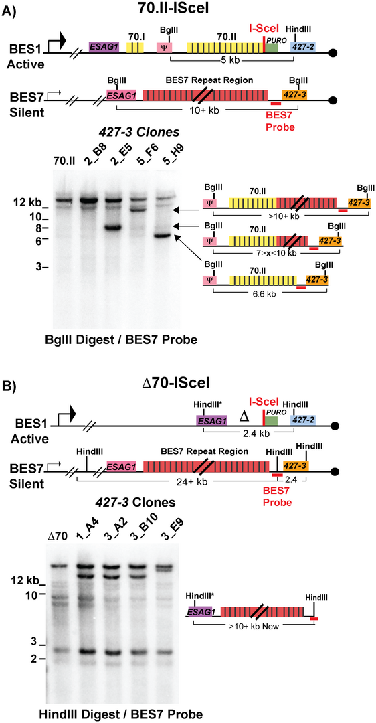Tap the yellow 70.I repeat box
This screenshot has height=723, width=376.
coord(134,47)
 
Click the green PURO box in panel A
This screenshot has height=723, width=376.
coord(272,48)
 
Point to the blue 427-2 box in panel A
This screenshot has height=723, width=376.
coord(302,47)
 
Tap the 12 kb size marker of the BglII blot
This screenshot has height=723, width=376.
coord(33,202)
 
